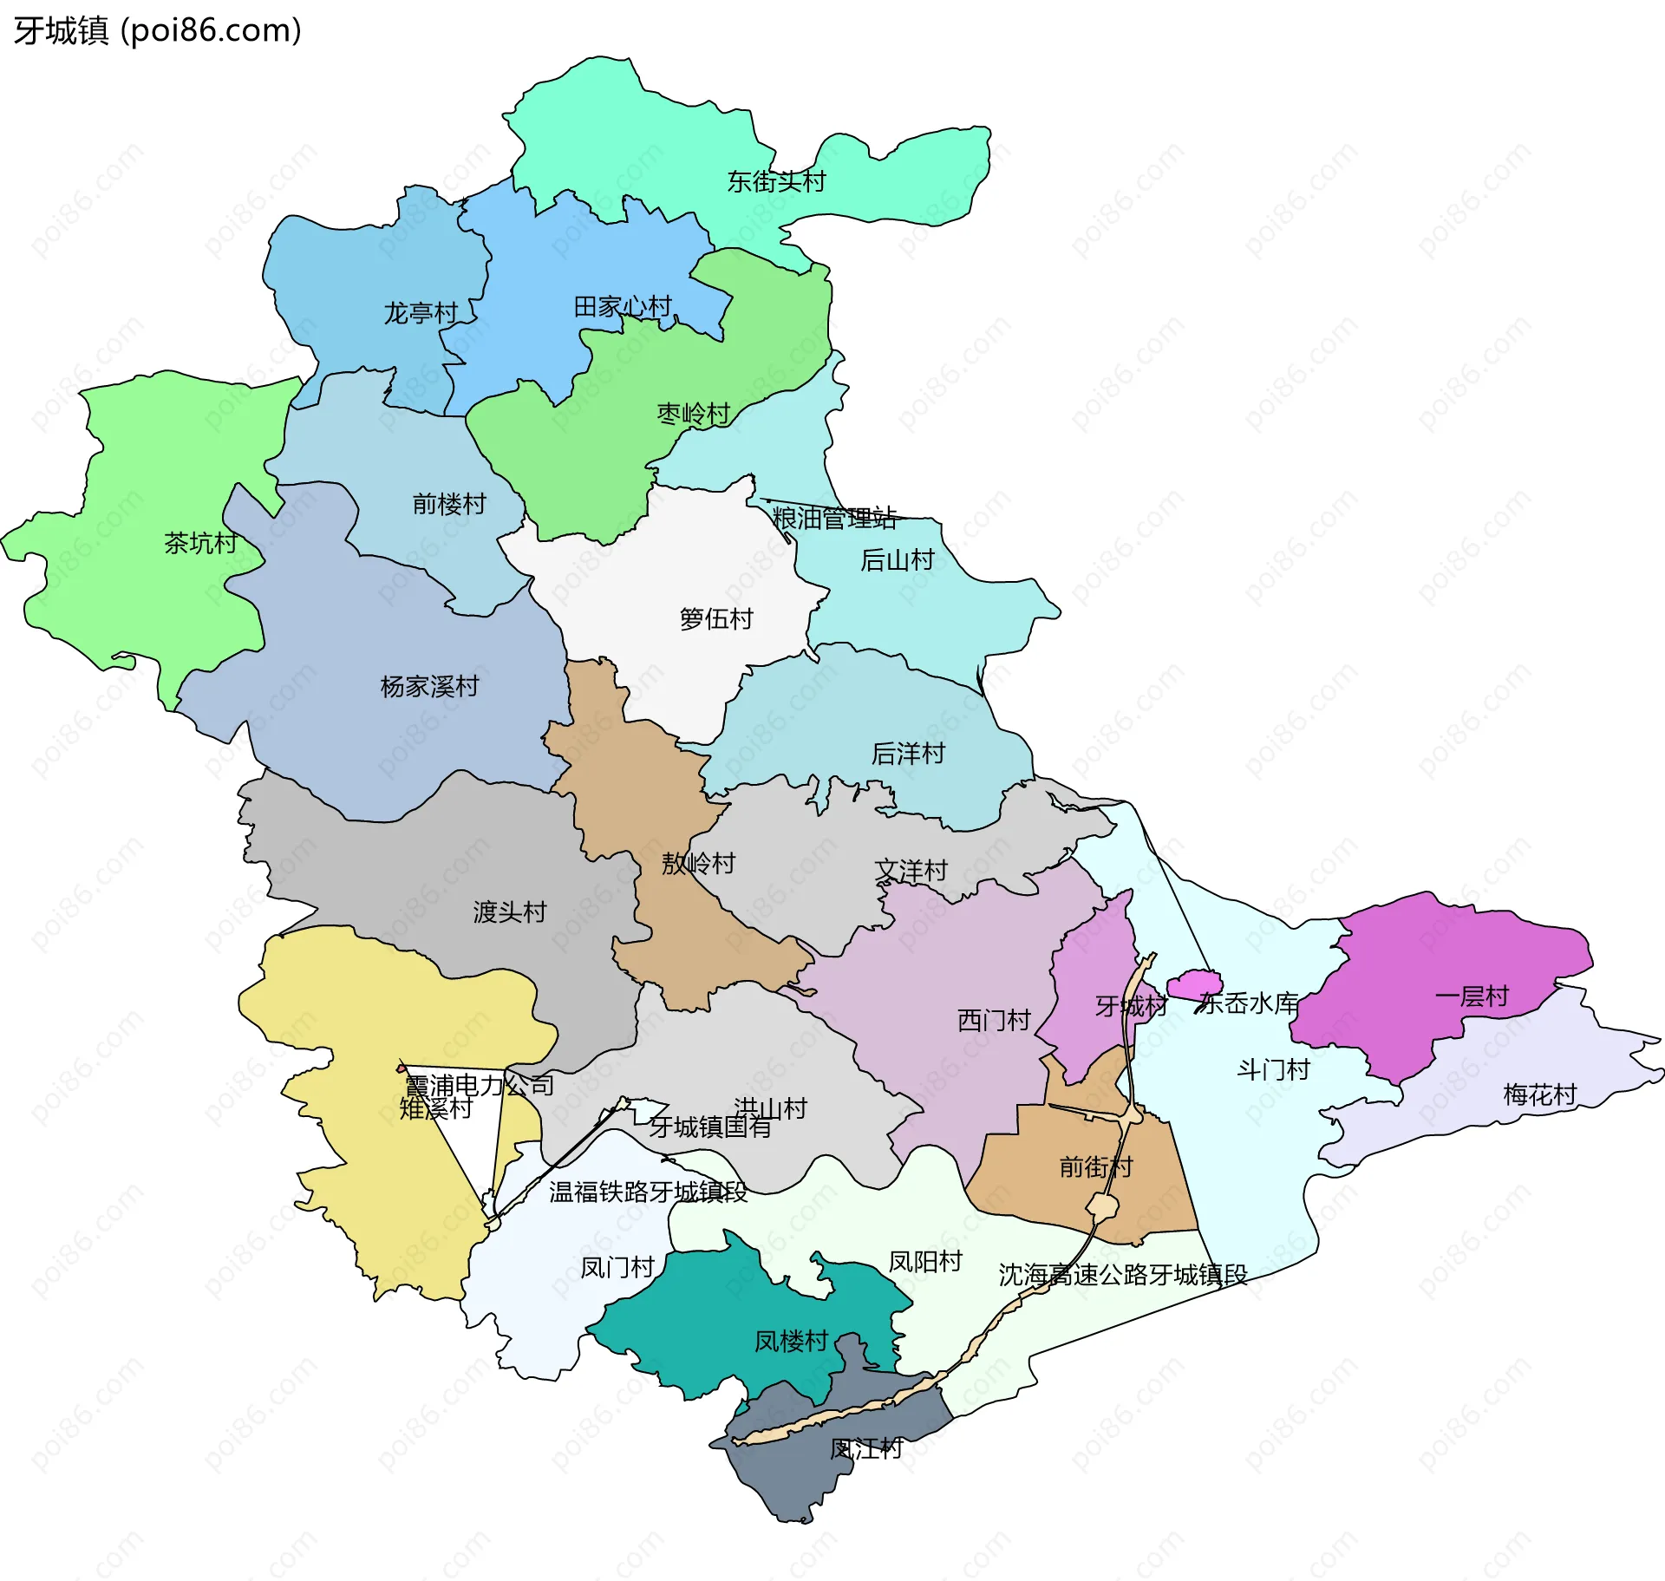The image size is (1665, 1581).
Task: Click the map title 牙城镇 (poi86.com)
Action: point(157,30)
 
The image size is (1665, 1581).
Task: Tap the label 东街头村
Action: point(776,182)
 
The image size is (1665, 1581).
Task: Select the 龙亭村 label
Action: point(421,313)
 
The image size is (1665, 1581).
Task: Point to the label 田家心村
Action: point(623,307)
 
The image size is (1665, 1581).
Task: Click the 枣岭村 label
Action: point(693,415)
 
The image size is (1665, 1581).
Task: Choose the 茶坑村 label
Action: point(200,544)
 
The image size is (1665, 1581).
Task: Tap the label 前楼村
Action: point(448,504)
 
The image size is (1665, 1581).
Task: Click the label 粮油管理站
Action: point(834,519)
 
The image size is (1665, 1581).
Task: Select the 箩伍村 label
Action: point(716,619)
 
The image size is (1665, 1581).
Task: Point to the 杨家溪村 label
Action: point(429,687)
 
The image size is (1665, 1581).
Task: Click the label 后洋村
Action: point(908,754)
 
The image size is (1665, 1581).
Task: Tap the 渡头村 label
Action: point(509,912)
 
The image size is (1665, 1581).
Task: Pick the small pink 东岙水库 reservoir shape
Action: point(1194,985)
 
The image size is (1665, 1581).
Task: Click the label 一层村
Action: point(1472,996)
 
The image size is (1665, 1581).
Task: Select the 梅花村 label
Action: point(1539,1094)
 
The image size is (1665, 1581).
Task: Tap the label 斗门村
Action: point(1272,1070)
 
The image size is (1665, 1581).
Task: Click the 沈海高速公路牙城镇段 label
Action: point(1122,1275)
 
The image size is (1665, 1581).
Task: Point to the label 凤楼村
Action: point(791,1342)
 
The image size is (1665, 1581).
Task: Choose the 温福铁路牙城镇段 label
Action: point(648,1192)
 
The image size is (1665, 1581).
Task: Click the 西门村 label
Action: point(994,1021)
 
